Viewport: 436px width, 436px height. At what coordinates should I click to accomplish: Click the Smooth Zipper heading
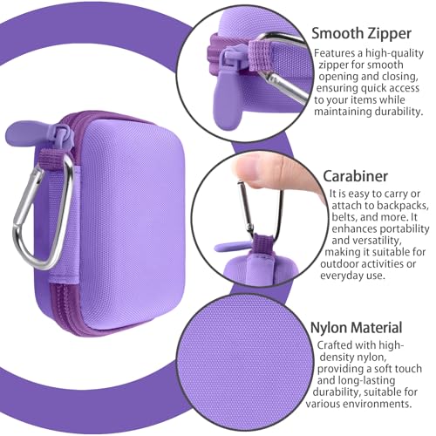361,34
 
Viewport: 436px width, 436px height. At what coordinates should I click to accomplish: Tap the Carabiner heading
355,176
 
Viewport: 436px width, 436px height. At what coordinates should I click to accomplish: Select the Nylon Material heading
357,328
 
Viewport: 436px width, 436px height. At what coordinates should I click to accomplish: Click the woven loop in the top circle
261,55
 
